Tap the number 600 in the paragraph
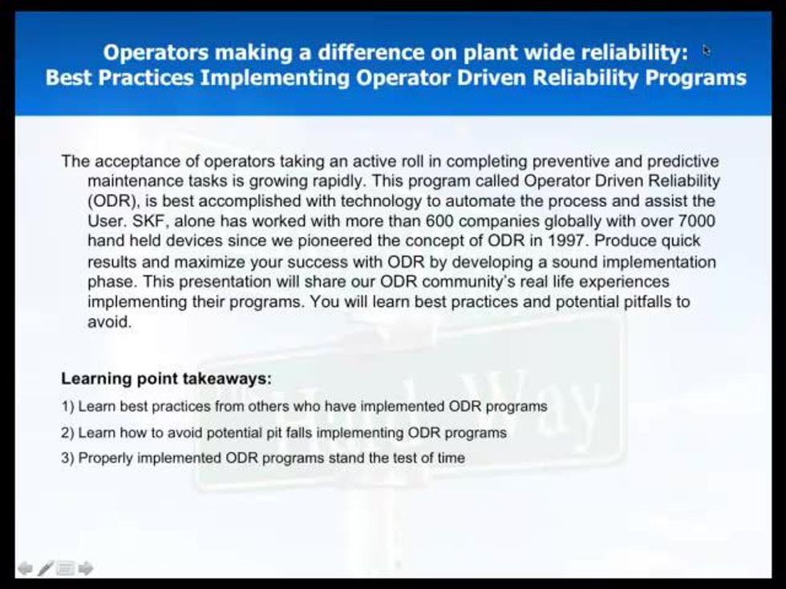coord(440,221)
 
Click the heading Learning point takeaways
coord(167,378)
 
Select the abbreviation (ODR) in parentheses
coord(113,201)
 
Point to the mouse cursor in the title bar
coord(707,50)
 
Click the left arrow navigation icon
coord(25,568)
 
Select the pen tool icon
coord(45,568)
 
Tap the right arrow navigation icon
coord(86,568)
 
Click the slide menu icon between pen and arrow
coord(65,568)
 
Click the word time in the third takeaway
coord(451,458)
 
